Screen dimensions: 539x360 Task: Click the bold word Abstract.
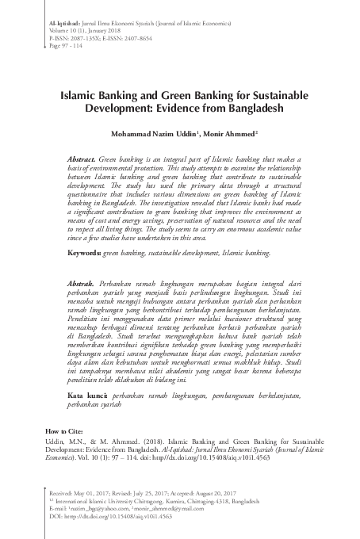point(83,159)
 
